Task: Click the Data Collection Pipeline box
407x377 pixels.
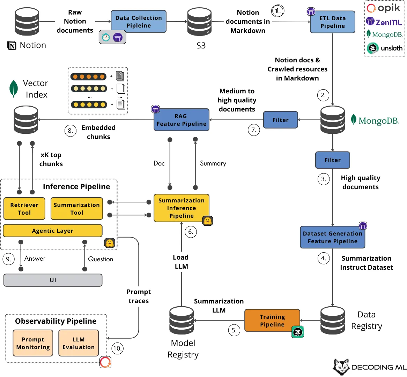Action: point(139,22)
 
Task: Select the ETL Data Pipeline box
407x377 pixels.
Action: point(332,22)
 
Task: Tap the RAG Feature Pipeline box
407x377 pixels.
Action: point(182,120)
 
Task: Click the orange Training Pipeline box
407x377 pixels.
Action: point(272,321)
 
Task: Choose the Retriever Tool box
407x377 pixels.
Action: point(24,209)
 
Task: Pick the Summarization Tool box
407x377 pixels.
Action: point(77,209)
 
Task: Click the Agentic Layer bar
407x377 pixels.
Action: point(53,231)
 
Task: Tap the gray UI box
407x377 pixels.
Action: point(53,280)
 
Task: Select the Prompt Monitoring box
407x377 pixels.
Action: point(33,343)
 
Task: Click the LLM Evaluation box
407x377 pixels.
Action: point(79,343)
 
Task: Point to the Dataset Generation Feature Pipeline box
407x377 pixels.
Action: point(332,237)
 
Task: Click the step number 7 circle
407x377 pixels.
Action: point(254,130)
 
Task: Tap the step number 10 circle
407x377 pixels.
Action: point(117,348)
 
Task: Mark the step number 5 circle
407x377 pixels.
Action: point(234,330)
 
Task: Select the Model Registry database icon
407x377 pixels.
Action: point(182,321)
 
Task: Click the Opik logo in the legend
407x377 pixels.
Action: point(383,8)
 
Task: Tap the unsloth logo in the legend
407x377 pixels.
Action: point(385,48)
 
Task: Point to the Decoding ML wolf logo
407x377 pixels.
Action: point(341,367)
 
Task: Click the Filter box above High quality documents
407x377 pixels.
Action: point(332,160)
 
